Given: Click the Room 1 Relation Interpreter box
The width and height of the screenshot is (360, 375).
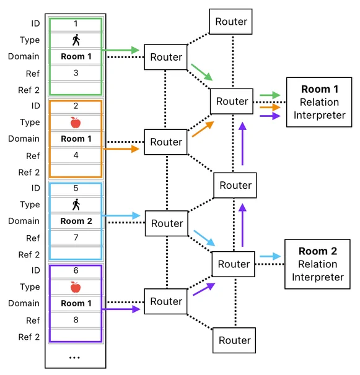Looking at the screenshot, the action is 319,102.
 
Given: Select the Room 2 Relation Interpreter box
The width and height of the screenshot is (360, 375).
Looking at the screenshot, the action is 317,264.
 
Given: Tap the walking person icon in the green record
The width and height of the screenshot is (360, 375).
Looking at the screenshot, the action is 76,40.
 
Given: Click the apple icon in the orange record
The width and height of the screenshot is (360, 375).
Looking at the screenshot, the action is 76,123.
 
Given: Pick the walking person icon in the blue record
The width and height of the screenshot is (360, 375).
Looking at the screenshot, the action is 76,204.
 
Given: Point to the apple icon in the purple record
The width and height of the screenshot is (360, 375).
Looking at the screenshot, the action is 76,287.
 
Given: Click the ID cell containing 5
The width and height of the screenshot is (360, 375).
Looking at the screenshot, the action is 76,189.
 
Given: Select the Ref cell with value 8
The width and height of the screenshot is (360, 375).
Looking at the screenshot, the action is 76,320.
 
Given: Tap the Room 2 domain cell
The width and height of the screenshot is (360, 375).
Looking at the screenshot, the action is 76,221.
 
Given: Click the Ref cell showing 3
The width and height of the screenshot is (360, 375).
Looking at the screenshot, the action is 76,73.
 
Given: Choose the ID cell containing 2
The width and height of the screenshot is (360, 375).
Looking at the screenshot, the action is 76,106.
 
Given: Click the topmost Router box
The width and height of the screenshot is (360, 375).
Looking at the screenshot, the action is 230,22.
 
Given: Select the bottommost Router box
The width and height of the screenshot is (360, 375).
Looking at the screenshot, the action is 234,340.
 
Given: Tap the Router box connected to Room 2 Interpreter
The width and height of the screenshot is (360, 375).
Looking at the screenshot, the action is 234,264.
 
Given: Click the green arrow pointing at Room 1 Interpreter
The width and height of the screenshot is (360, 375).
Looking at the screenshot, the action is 270,95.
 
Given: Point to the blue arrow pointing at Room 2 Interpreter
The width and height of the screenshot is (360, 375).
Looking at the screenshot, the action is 270,256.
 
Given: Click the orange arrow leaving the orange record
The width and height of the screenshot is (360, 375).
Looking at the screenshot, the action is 121,149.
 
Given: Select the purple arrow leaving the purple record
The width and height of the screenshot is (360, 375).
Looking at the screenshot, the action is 121,309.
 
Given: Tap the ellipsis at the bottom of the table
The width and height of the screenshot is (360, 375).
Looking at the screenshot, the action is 74,358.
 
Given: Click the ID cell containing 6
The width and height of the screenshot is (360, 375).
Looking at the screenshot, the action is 76,270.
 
